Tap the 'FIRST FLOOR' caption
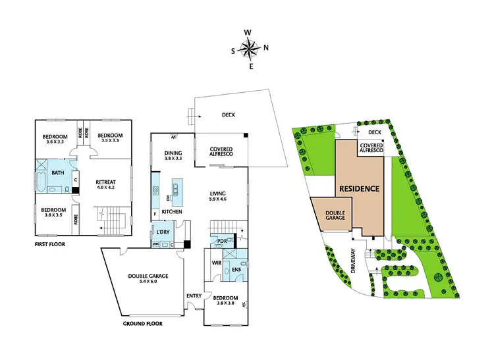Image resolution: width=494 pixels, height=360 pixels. (x=50, y=244)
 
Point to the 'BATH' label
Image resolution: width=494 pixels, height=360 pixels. (x=58, y=172)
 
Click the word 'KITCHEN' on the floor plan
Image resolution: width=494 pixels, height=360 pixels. (x=172, y=211)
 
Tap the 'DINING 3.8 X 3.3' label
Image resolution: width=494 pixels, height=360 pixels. (x=174, y=156)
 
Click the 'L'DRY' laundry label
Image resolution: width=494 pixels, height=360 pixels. (x=163, y=232)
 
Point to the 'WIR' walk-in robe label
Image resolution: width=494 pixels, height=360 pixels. (x=216, y=263)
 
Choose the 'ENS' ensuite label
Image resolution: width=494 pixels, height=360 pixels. (x=236, y=269)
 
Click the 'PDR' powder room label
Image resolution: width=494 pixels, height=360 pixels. (x=222, y=241)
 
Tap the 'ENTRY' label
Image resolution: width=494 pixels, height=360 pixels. (x=194, y=296)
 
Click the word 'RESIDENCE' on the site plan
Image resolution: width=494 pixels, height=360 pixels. (x=359, y=189)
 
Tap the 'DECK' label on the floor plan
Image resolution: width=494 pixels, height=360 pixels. (x=229, y=115)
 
